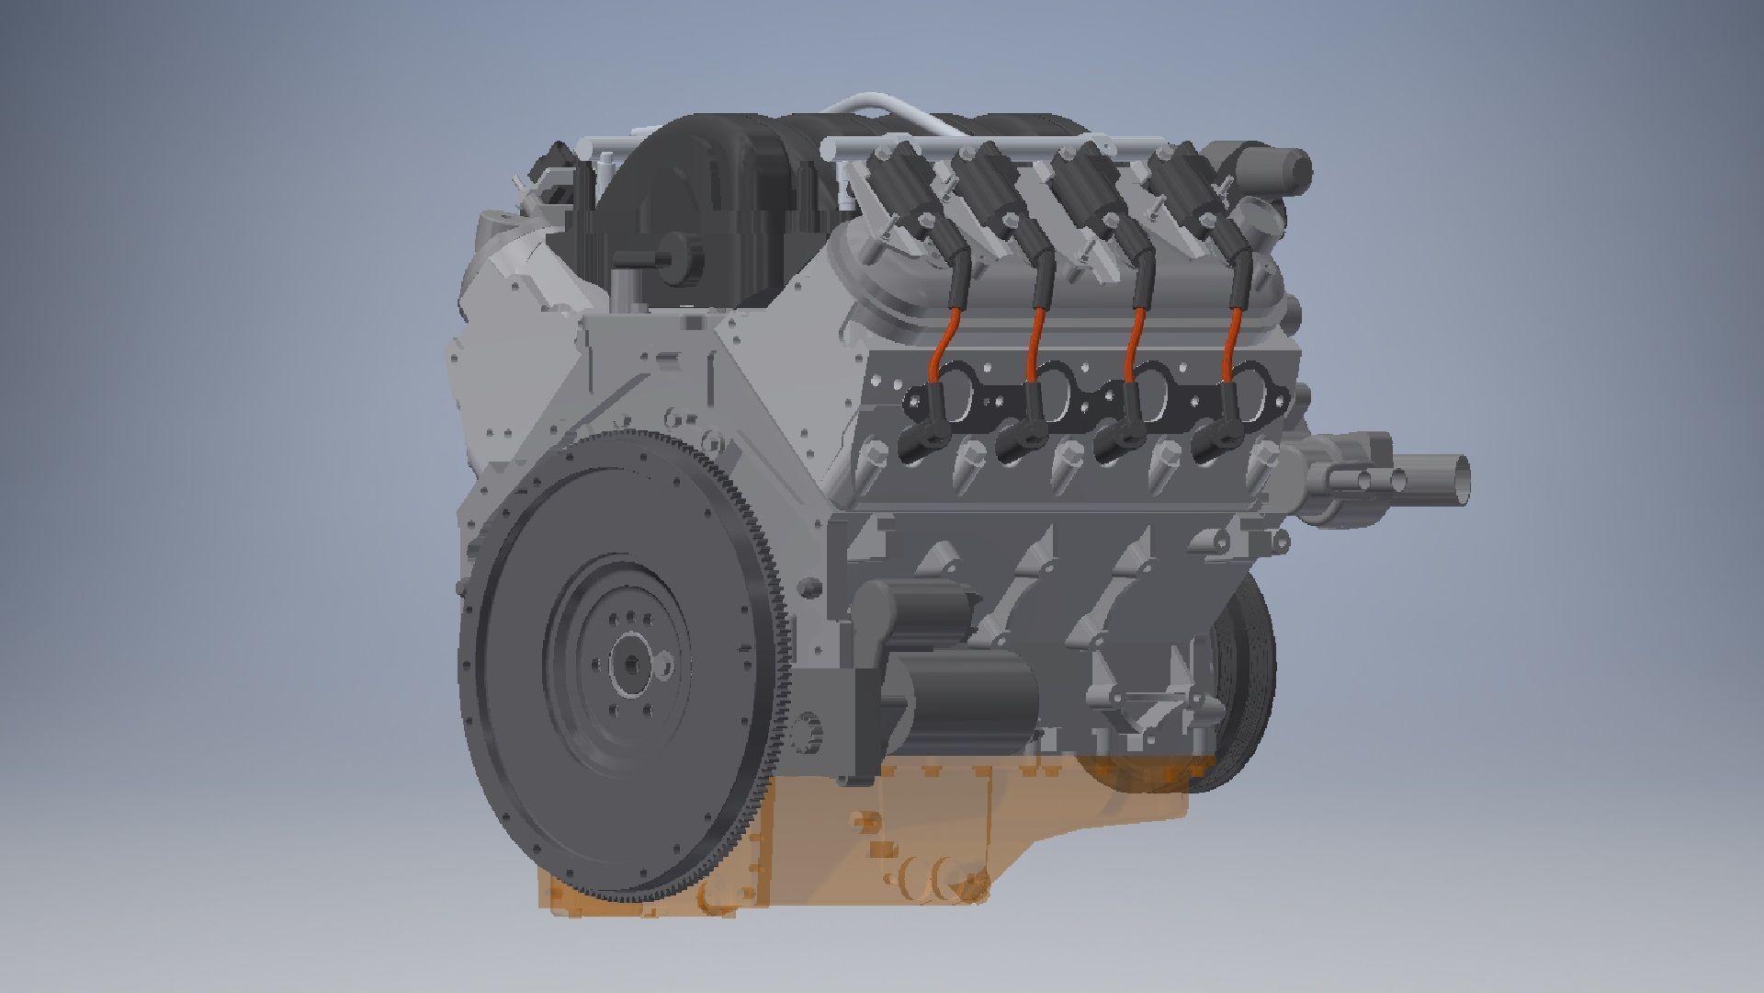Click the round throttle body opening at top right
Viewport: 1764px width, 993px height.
point(1286,171)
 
